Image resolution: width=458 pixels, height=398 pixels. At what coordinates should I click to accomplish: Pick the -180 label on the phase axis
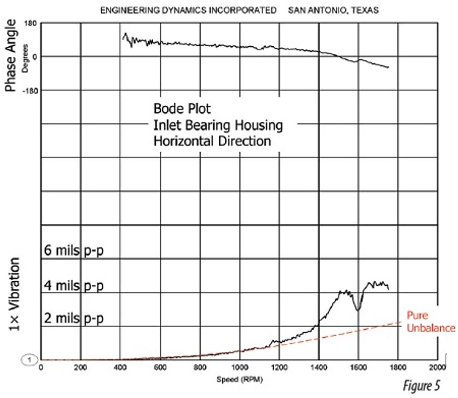30,90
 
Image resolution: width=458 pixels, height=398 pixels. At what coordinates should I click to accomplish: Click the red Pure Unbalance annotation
429,321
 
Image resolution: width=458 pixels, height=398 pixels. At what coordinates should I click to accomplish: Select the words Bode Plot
182,109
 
